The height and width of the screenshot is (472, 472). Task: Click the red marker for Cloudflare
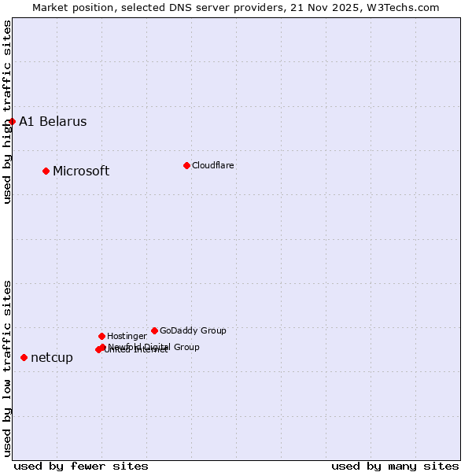[186, 165]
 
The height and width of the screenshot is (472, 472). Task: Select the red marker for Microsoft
[46, 171]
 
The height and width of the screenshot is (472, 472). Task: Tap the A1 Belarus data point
[12, 121]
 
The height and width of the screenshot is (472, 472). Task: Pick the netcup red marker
[24, 357]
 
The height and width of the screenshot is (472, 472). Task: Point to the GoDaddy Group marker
[154, 330]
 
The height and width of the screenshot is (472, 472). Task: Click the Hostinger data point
[101, 336]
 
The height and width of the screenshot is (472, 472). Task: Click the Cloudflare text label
[212, 165]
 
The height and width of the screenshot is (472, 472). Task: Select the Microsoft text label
[81, 171]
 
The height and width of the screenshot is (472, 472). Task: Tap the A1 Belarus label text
[53, 121]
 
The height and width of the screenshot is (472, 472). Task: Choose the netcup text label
[52, 357]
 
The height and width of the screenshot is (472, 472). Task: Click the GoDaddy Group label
[193, 330]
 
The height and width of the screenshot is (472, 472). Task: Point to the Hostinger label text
[127, 336]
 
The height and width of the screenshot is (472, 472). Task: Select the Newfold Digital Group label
[154, 346]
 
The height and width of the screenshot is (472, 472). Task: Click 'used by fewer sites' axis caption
[81, 466]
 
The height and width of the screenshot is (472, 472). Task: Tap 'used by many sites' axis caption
[395, 466]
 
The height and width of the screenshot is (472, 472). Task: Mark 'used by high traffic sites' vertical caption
[7, 112]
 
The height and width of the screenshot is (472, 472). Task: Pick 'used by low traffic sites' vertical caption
[7, 368]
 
